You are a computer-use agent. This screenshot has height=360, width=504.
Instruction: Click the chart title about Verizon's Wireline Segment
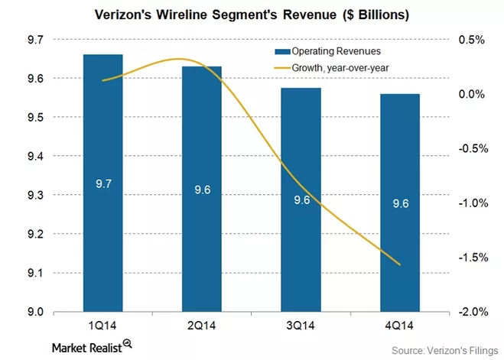tap(252, 15)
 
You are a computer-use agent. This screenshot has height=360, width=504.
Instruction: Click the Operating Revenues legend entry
tap(326, 51)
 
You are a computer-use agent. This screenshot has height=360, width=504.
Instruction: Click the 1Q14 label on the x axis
tap(102, 324)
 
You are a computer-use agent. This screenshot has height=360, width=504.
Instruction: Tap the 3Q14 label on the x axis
tap(301, 324)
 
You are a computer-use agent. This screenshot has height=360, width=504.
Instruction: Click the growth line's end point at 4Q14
tap(421, 264)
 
